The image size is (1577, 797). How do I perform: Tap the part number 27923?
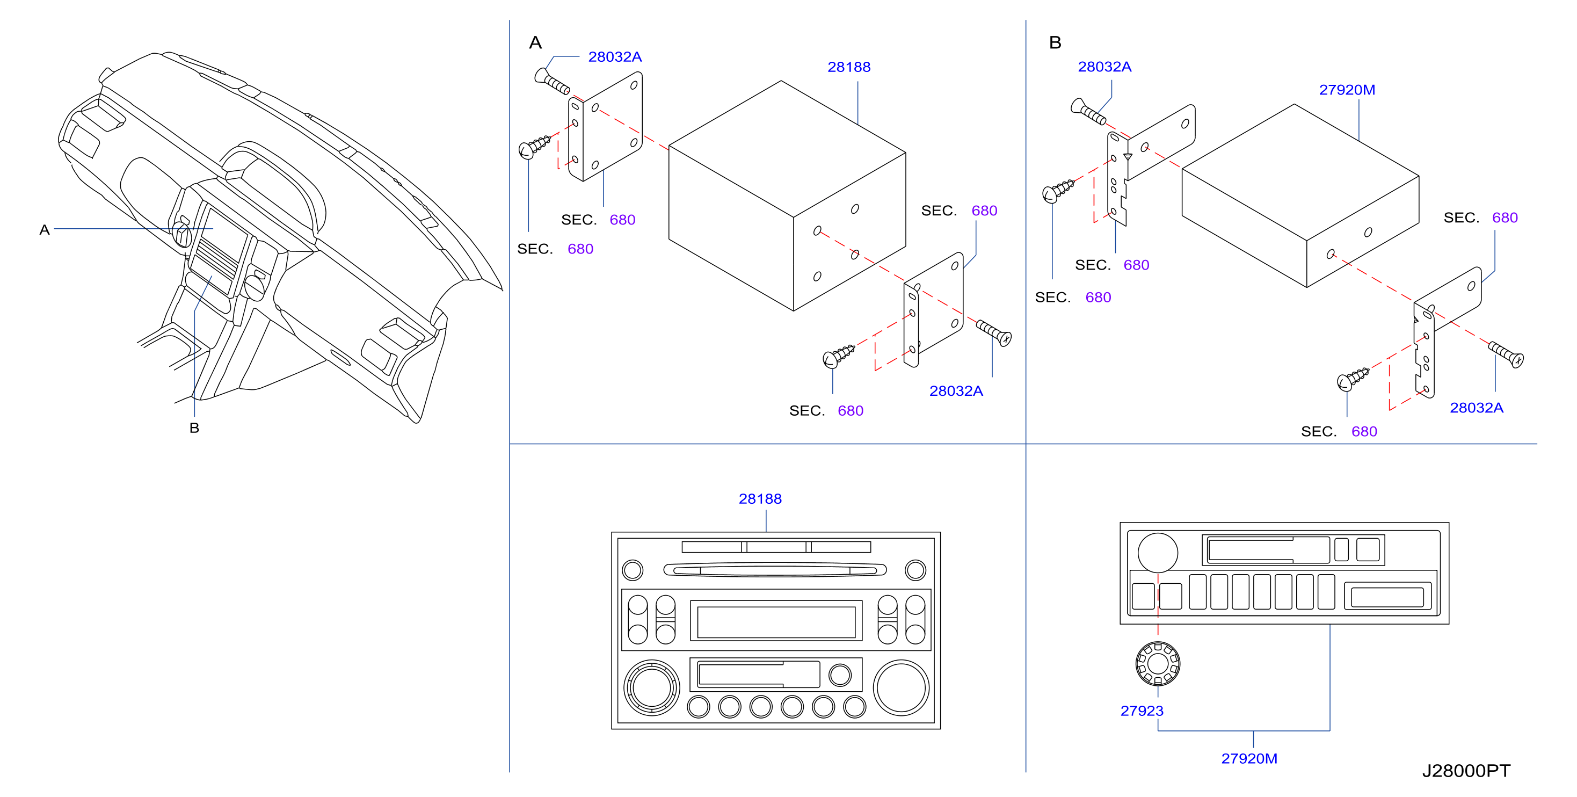pos(1142,711)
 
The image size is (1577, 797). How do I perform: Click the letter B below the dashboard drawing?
pos(194,428)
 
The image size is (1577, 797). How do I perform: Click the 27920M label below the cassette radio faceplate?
pos(1249,758)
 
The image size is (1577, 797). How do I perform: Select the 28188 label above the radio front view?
pos(760,499)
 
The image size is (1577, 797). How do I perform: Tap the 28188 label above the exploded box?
pos(848,67)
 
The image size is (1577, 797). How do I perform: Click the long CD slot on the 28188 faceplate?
pos(775,570)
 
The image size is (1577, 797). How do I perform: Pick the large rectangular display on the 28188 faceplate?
pos(776,621)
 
